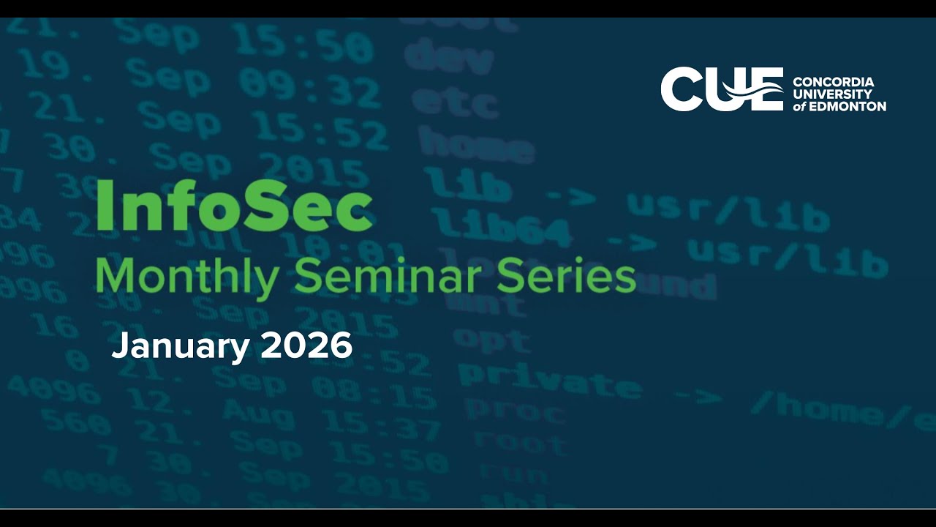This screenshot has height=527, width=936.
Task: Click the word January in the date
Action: coord(180,346)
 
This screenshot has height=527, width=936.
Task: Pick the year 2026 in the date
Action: coord(306,345)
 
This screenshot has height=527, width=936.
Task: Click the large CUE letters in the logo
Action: coord(721,89)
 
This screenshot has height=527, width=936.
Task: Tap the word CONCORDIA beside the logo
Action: coord(833,82)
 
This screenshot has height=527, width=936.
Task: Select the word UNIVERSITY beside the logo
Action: coord(833,94)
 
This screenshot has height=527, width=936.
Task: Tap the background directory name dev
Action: coord(448,58)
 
